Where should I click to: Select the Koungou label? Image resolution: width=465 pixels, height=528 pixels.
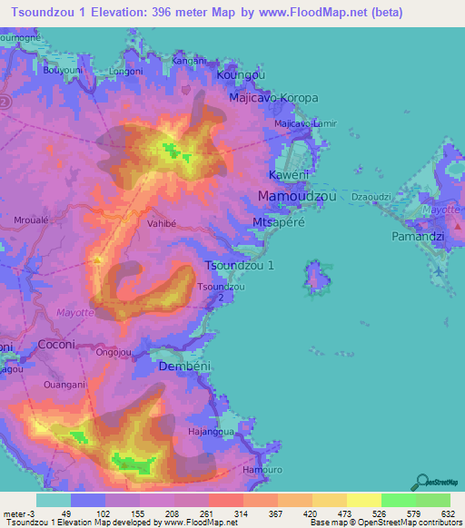point(241,77)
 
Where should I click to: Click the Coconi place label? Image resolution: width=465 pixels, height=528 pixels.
point(61,345)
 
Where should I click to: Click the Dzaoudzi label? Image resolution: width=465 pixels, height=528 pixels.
point(370,196)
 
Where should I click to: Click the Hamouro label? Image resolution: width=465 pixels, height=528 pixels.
point(263,471)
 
